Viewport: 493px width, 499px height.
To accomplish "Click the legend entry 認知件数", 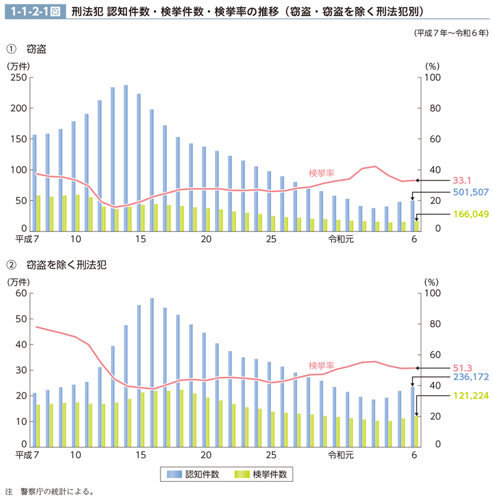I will point(193,474).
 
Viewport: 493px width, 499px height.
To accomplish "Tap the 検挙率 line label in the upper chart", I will point(322,172).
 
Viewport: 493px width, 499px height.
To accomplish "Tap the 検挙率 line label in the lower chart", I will point(322,366).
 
